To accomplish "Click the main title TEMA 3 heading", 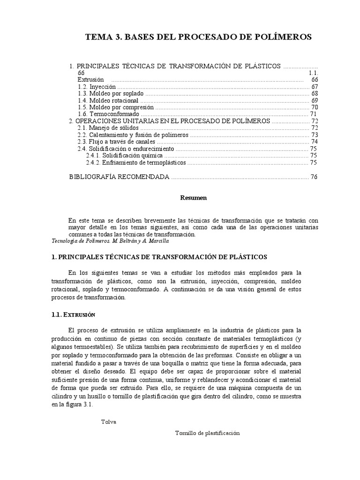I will pyautogui.click(x=198, y=37).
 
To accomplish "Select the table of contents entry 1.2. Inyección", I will pyautogui.click(x=97, y=87).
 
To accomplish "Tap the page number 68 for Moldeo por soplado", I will pyautogui.click(x=315, y=93).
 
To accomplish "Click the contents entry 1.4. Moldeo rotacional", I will pyautogui.click(x=108, y=100).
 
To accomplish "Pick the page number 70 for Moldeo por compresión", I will pyautogui.click(x=315, y=107).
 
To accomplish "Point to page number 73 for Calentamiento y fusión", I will pyautogui.click(x=315, y=135).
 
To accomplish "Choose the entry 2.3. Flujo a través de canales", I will pyautogui.click(x=116, y=142).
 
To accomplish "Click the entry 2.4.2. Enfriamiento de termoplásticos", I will pyautogui.click(x=136, y=162).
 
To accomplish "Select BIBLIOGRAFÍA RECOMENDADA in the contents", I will pyautogui.click(x=119, y=177).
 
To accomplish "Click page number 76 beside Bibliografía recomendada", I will pyautogui.click(x=314, y=177).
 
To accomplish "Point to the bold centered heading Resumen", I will pyautogui.click(x=194, y=198).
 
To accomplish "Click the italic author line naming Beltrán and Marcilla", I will pyautogui.click(x=109, y=240).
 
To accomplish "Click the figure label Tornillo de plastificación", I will pyautogui.click(x=207, y=433).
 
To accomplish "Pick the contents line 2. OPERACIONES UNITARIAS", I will pyautogui.click(x=169, y=120).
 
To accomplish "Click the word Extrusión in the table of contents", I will pyautogui.click(x=90, y=80).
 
